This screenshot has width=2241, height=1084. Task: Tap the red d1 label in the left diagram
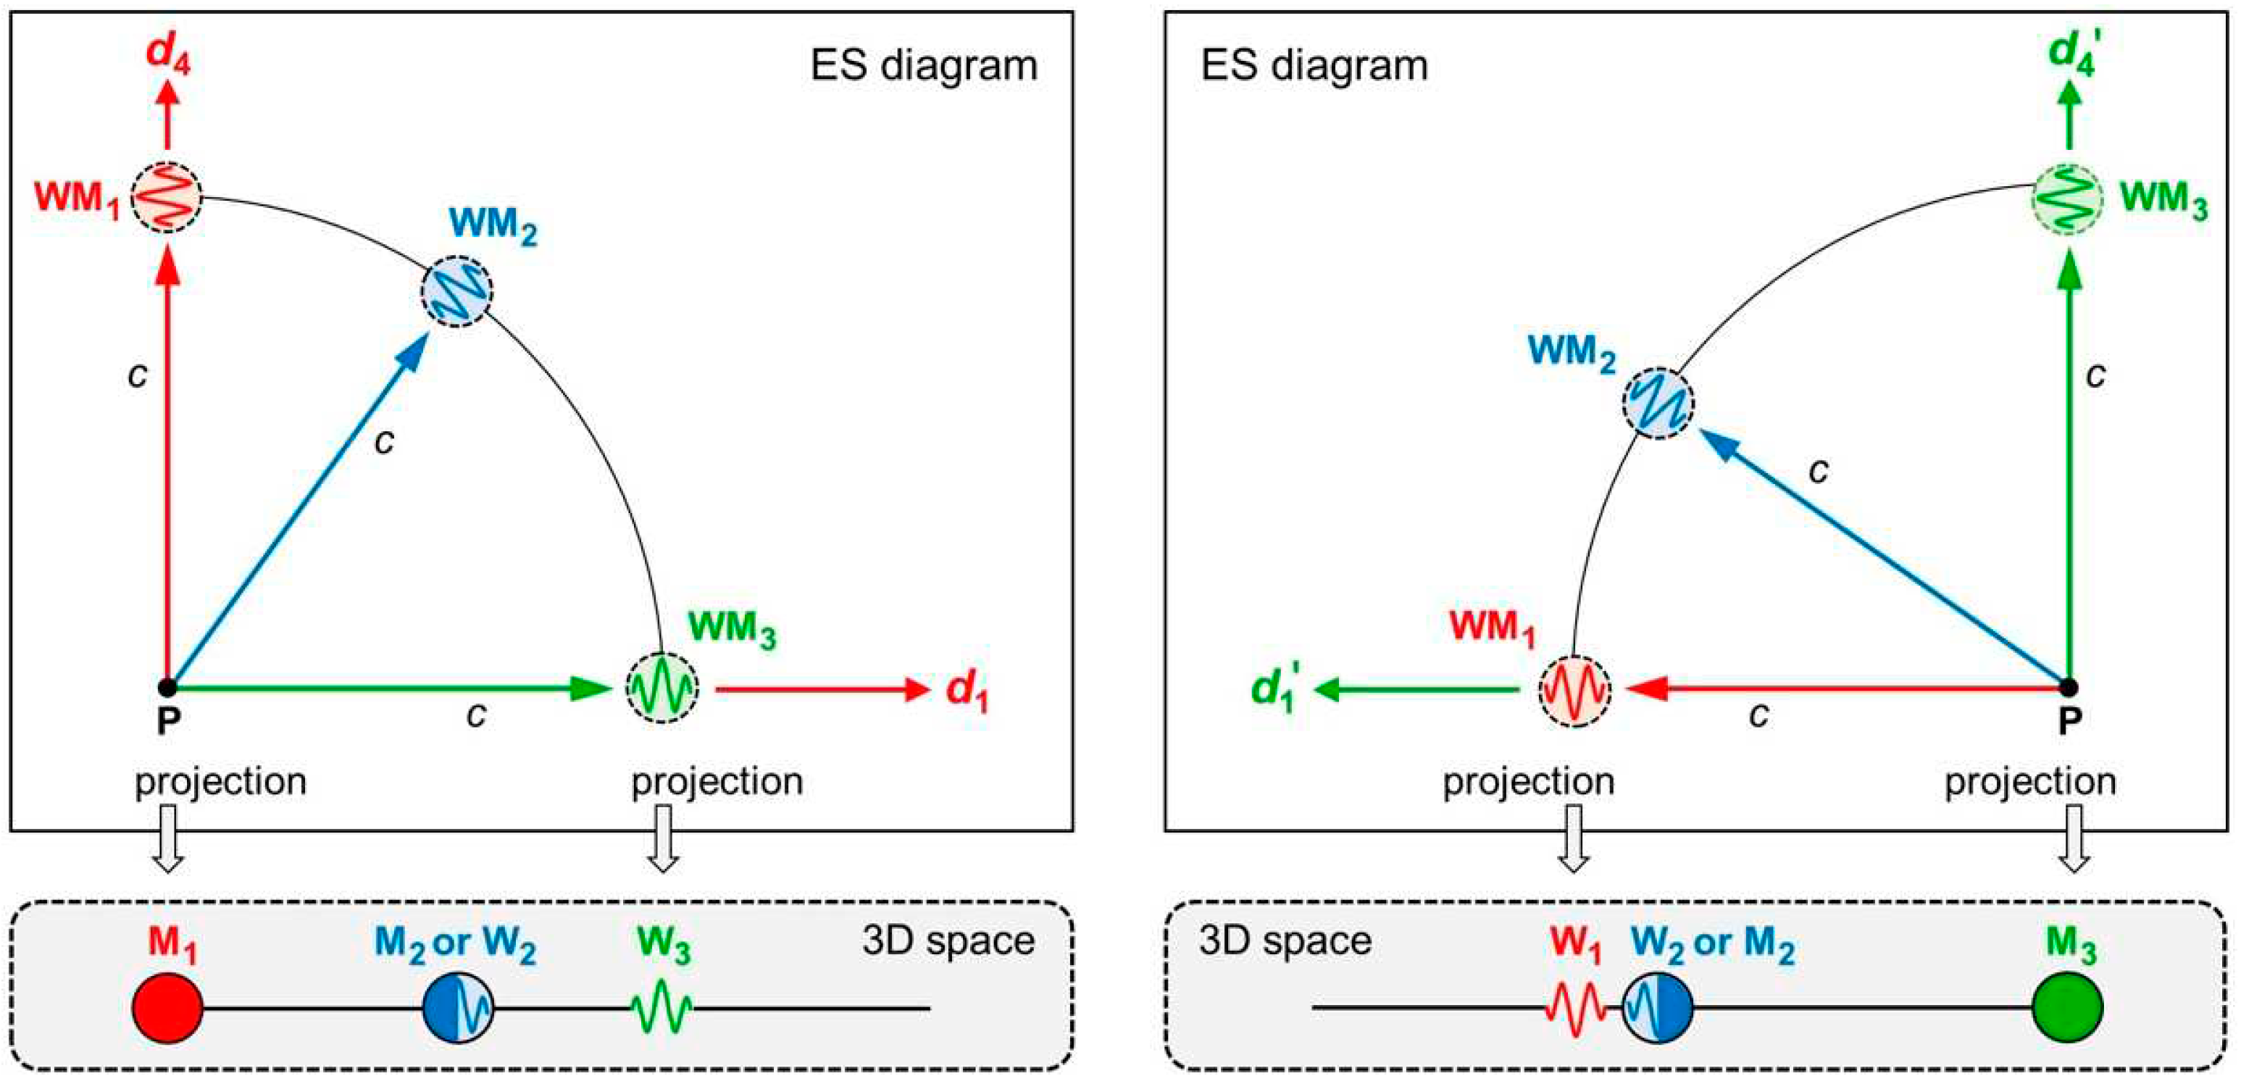pyautogui.click(x=967, y=692)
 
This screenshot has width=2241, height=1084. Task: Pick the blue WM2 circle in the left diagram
pyautogui.click(x=456, y=291)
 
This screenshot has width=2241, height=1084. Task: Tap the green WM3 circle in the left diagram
pyautogui.click(x=662, y=688)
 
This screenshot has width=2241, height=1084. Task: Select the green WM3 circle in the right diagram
pyautogui.click(x=2068, y=198)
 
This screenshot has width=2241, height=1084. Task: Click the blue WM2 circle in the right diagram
pyautogui.click(x=1658, y=403)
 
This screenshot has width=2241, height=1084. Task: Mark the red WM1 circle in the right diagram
pyautogui.click(x=1574, y=690)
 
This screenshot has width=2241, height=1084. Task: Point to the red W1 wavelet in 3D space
pyautogui.click(x=1574, y=1009)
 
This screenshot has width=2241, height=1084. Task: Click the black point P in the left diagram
pyautogui.click(x=168, y=688)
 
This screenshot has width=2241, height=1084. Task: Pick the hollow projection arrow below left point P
pyautogui.click(x=168, y=838)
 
